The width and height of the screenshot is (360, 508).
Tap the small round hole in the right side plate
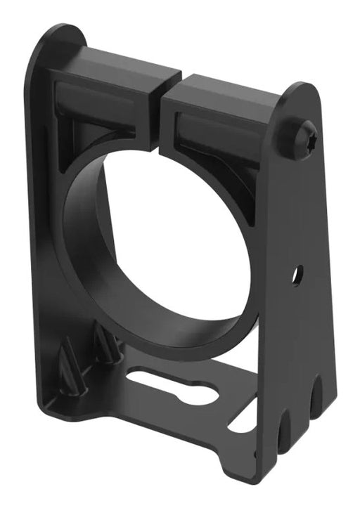pyautogui.click(x=297, y=274)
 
